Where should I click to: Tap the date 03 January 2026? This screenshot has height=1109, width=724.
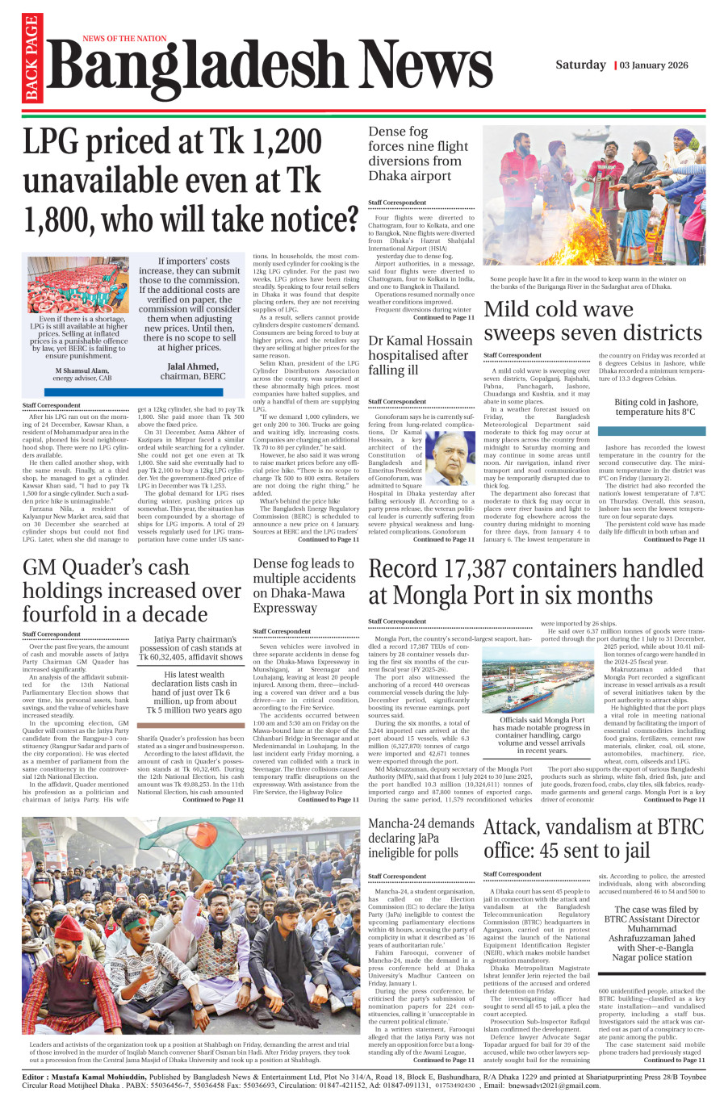tap(654, 65)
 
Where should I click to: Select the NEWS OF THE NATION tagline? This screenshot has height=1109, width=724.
tap(124, 39)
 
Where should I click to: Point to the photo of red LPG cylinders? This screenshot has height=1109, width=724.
tap(77, 284)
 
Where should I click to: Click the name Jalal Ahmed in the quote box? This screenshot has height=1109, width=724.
tap(191, 366)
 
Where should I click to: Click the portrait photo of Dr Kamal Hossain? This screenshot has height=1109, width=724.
tap(450, 458)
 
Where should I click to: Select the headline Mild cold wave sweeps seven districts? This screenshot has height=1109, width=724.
tap(592, 321)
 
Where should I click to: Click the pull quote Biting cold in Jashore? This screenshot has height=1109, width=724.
tap(655, 407)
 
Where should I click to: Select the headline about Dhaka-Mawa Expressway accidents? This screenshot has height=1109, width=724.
tap(303, 585)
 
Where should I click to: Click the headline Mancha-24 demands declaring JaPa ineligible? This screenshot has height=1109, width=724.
tap(421, 838)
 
